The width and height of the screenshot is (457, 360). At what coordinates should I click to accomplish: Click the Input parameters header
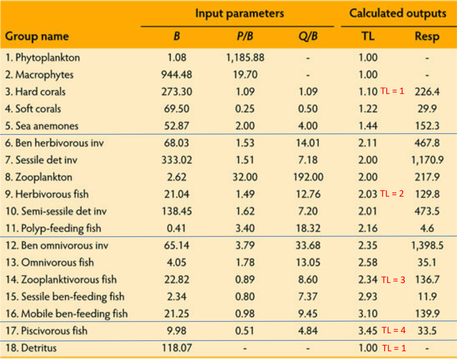click(x=239, y=13)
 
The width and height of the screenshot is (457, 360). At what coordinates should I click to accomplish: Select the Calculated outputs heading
click(x=397, y=13)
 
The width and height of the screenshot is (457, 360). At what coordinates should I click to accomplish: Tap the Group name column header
click(x=36, y=37)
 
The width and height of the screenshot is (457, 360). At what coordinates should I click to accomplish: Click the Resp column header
click(x=427, y=37)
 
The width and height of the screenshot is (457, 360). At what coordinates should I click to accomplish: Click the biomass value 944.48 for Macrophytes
click(x=177, y=74)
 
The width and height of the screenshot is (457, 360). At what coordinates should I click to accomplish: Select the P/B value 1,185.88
click(x=245, y=58)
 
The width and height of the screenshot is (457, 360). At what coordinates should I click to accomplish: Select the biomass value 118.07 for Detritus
click(x=177, y=348)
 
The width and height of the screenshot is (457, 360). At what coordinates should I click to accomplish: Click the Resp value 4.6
click(x=427, y=229)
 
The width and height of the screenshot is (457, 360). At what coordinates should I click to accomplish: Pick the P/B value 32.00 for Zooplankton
click(x=245, y=177)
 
